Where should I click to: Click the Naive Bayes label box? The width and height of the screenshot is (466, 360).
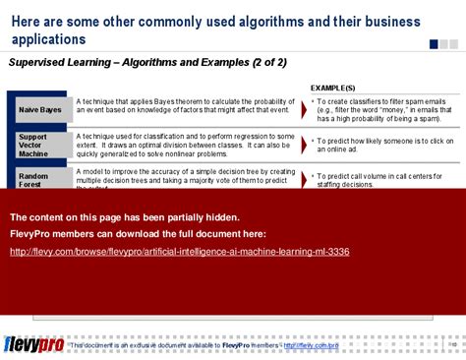coord(39,109)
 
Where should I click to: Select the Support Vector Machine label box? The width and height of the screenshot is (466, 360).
coord(39,145)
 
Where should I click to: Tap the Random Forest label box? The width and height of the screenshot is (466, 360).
coord(39,180)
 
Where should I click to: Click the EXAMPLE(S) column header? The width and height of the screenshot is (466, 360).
coord(340,88)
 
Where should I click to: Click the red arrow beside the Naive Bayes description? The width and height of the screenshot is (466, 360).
coord(304,109)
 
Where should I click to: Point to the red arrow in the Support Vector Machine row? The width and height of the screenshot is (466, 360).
coord(304,145)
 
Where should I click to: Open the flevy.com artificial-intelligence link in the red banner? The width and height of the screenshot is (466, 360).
coord(179,252)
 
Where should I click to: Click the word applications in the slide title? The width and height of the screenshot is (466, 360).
coord(48,38)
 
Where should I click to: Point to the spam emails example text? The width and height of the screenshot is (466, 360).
coord(375,109)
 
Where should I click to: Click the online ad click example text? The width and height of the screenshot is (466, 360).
coord(375,145)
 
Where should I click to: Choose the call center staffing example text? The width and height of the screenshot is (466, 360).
coord(375,180)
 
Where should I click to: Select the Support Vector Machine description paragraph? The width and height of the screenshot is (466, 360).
coord(184,145)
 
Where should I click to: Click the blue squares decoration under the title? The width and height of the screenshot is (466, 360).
coord(443,44)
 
